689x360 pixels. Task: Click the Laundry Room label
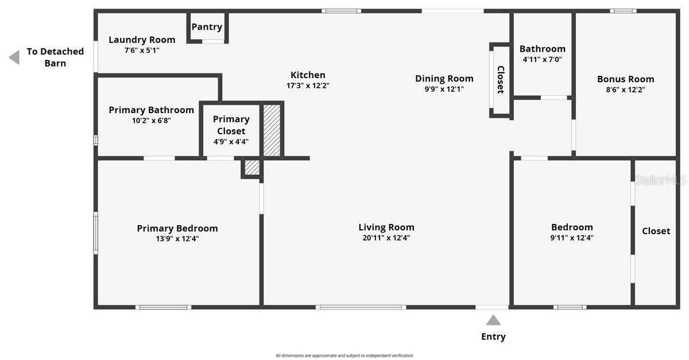[x=142, y=40]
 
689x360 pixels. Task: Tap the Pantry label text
[x=207, y=27]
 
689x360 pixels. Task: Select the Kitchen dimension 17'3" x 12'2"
[x=308, y=86]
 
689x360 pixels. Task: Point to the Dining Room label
[x=444, y=79]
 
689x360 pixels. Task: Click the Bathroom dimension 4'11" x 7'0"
[x=542, y=59]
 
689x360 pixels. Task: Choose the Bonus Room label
[x=625, y=79]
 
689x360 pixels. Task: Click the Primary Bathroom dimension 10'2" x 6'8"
[x=151, y=121]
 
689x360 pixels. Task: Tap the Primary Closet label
[x=231, y=125]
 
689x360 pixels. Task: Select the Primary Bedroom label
[x=177, y=229]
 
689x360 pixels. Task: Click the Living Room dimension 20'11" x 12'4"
[x=386, y=238]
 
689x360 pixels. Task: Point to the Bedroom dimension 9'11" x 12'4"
[x=572, y=238]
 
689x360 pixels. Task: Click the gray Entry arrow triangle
[x=493, y=320]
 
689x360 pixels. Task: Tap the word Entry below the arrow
[x=493, y=336]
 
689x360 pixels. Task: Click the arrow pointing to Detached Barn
[x=14, y=57]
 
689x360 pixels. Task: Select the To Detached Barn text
[x=55, y=57]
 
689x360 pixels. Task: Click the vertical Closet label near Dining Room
[x=500, y=80]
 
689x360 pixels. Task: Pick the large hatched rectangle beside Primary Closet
[x=272, y=130]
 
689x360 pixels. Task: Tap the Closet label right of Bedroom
[x=656, y=231]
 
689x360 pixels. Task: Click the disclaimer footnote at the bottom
[x=344, y=355]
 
